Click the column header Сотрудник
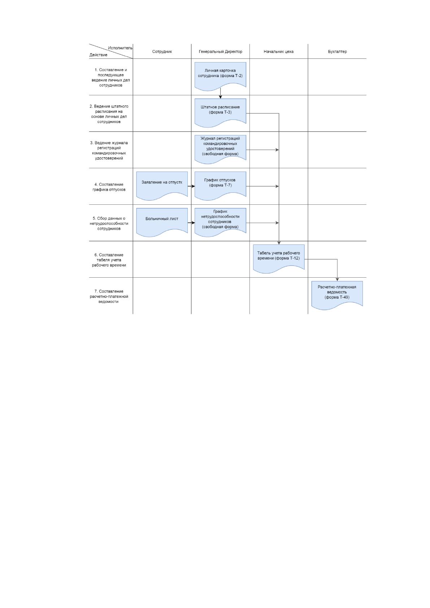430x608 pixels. coord(162,52)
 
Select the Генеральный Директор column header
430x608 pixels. coord(221,52)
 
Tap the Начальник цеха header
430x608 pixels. coord(278,52)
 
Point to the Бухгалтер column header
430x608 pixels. coord(337,52)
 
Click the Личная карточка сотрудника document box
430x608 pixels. coord(220,76)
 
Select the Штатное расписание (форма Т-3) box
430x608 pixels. coord(220,112)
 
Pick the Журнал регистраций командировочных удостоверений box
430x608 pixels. coord(220,149)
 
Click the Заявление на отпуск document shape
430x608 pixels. coord(162,185)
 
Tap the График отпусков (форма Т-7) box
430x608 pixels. coord(220,185)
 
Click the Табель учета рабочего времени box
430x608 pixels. coord(278,258)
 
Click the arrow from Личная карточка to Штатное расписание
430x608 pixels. coord(221,93)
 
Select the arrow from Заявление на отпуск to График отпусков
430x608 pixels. coord(191,186)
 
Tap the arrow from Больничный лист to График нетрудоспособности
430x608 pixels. coord(191,223)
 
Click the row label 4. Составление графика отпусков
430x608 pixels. coord(109,187)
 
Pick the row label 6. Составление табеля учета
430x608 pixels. coord(109,260)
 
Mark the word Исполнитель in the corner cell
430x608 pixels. coord(120,48)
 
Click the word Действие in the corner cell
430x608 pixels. coord(98,55)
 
